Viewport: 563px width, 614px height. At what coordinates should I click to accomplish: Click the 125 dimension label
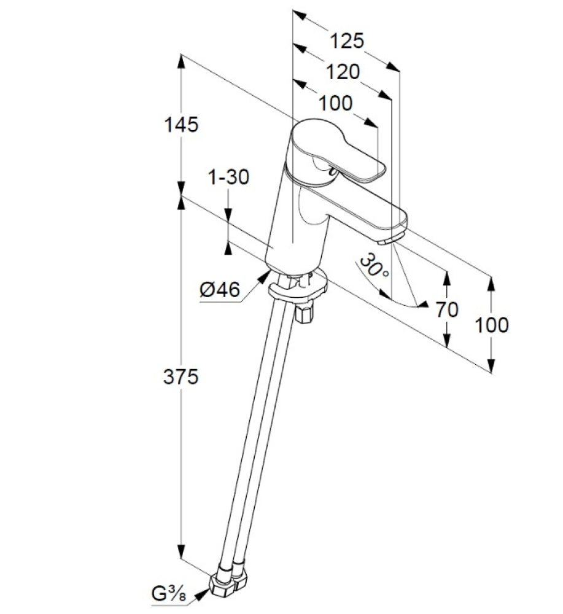[x=347, y=41]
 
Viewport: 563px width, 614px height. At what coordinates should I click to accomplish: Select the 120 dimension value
[x=343, y=72]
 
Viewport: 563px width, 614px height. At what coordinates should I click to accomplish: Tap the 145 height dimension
[x=181, y=125]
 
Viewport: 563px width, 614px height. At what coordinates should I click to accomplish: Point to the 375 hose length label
[x=181, y=377]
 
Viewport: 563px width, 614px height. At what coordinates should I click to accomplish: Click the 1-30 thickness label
[x=228, y=177]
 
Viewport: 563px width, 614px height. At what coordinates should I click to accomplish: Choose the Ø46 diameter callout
[x=220, y=290]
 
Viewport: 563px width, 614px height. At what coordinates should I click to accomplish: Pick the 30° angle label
[x=373, y=266]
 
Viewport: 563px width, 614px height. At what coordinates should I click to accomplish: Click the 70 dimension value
[x=447, y=309]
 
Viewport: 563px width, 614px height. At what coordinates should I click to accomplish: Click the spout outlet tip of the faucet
[x=387, y=241]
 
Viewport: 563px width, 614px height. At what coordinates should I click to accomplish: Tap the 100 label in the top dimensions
[x=336, y=103]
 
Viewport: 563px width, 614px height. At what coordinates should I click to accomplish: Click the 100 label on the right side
[x=492, y=325]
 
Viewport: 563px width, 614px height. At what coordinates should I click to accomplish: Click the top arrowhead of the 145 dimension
[x=181, y=61]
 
